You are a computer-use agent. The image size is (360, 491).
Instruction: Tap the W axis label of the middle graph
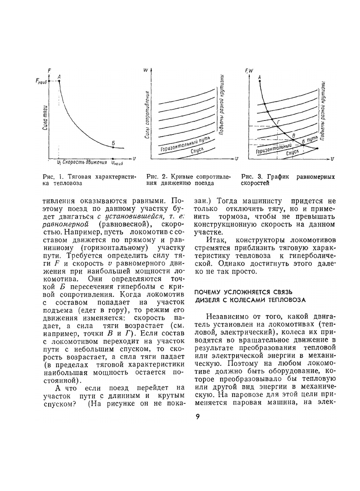pos(145,71)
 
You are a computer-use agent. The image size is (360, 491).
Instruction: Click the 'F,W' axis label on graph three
pos(249,71)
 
